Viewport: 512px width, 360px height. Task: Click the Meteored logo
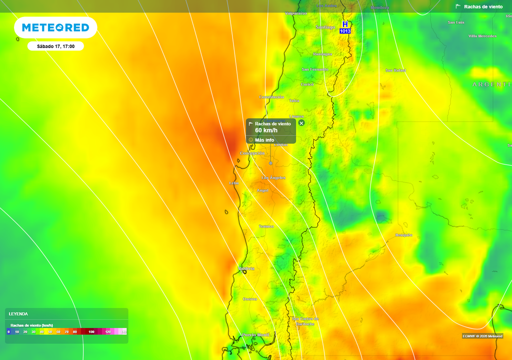pyautogui.click(x=55, y=27)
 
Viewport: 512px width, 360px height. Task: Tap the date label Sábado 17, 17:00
pyautogui.click(x=55, y=46)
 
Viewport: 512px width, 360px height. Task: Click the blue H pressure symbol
pyautogui.click(x=345, y=24)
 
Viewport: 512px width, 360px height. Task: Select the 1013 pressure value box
pyautogui.click(x=345, y=31)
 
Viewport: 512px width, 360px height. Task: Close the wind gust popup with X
pyautogui.click(x=301, y=123)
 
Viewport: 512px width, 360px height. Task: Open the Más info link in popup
pyautogui.click(x=264, y=140)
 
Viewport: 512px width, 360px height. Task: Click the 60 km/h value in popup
pyautogui.click(x=266, y=130)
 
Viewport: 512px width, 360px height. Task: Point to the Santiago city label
pyautogui.click(x=325, y=27)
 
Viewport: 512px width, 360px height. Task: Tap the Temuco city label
pyautogui.click(x=266, y=226)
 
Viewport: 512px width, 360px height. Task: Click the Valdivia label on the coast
pyautogui.click(x=246, y=268)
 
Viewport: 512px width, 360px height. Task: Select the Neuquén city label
pyautogui.click(x=403, y=235)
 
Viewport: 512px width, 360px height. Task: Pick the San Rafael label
pyautogui.click(x=395, y=70)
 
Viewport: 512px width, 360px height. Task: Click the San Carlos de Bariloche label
pyautogui.click(x=305, y=321)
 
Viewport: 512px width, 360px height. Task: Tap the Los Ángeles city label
pyautogui.click(x=273, y=178)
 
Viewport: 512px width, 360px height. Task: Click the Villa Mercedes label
pyautogui.click(x=482, y=36)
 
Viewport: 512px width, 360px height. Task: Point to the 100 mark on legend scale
pyautogui.click(x=91, y=332)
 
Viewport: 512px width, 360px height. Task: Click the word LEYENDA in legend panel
pyautogui.click(x=18, y=314)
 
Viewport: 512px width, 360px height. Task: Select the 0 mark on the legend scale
pyautogui.click(x=8, y=332)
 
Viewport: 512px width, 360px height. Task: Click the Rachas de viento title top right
pyautogui.click(x=483, y=6)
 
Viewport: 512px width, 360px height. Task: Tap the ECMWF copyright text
pyautogui.click(x=482, y=336)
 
